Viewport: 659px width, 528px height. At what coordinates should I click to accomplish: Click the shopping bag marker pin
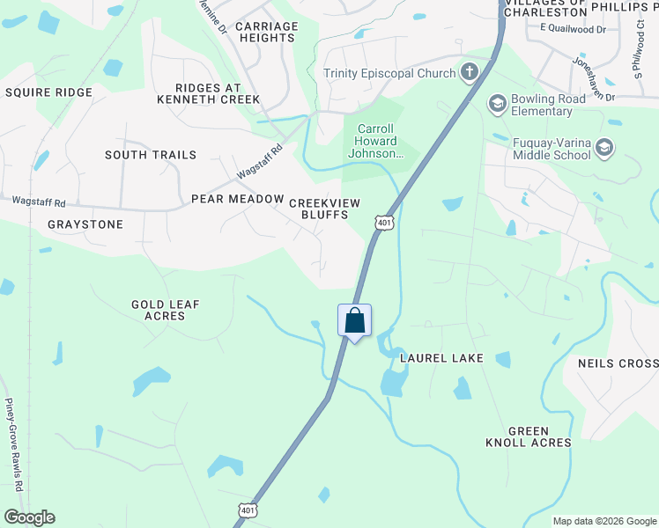(354, 321)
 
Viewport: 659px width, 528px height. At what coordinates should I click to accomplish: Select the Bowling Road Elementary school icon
(497, 105)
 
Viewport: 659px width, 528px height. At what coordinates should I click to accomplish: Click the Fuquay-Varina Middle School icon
(604, 149)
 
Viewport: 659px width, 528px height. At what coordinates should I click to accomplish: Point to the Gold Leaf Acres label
(166, 310)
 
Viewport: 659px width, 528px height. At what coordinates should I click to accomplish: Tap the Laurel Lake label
(441, 358)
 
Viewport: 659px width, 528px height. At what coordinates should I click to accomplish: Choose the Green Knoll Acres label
(528, 436)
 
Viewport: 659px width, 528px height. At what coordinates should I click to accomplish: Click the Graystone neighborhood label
(85, 224)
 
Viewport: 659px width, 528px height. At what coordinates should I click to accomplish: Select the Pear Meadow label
(238, 199)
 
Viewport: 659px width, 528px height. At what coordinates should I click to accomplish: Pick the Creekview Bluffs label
(325, 209)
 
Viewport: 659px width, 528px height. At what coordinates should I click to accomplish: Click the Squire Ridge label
(48, 92)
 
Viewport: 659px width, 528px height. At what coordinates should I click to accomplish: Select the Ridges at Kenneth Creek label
(209, 93)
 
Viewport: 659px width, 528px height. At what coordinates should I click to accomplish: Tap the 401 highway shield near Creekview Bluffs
(383, 224)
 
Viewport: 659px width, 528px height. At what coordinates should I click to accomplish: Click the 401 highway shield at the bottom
(248, 510)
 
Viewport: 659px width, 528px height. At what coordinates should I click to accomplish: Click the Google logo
(29, 517)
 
